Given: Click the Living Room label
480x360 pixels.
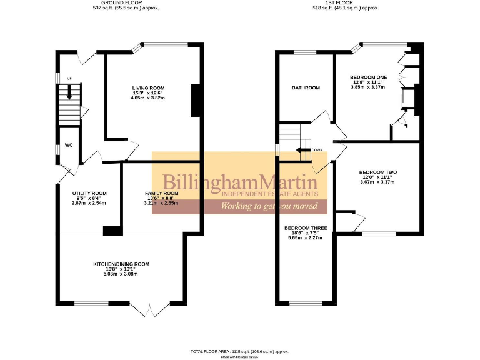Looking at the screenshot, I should click(x=148, y=87).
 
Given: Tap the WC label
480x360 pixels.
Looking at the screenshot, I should click(x=69, y=145).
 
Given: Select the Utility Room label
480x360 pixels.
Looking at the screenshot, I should click(x=89, y=194).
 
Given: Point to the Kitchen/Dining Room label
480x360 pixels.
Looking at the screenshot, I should click(x=121, y=264).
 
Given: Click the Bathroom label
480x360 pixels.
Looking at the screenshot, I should click(x=306, y=88).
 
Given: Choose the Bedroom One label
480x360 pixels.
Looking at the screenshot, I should click(x=369, y=76).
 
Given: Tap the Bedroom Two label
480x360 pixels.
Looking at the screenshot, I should click(x=377, y=172).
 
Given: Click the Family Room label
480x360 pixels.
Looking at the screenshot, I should click(x=161, y=194).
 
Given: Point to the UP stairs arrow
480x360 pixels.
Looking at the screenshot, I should click(x=69, y=91).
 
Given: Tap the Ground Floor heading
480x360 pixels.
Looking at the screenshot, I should click(x=119, y=3).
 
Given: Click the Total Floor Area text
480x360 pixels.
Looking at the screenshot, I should click(x=239, y=352).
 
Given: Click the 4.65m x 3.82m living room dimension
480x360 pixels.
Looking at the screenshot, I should click(x=147, y=98).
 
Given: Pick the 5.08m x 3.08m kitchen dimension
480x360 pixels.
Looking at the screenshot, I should click(x=121, y=274).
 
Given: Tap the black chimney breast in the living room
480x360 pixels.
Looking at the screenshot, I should click(x=195, y=100).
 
